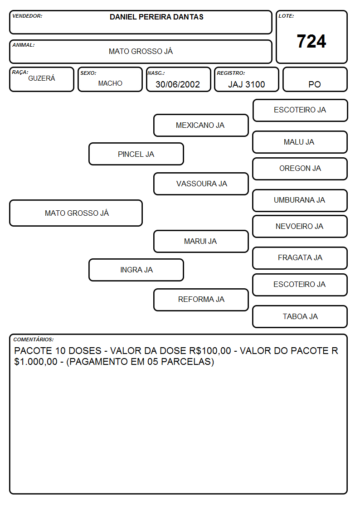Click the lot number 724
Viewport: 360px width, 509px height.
311,41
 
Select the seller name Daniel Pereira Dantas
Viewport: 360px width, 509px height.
156,17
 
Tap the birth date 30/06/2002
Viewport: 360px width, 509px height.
178,84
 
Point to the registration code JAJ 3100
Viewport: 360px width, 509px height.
246,84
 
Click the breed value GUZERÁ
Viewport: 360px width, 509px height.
42,78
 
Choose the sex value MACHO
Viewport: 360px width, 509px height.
110,83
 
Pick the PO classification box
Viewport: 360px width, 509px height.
315,79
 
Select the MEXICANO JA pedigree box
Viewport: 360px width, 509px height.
201,125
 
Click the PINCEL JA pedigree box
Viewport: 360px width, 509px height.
136,154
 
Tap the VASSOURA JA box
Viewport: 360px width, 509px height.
201,184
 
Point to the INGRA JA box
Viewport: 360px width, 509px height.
136,270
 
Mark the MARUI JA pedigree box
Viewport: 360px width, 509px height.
201,241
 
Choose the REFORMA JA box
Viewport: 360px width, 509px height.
201,300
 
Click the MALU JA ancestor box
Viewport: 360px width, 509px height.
300,142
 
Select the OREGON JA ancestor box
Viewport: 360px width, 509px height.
300,169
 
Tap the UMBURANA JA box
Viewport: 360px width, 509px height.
300,200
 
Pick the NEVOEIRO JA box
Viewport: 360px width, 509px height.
300,227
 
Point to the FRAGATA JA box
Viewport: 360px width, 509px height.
300,258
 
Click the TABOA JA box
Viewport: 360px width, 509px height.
300,316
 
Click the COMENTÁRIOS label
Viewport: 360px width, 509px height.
34,339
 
